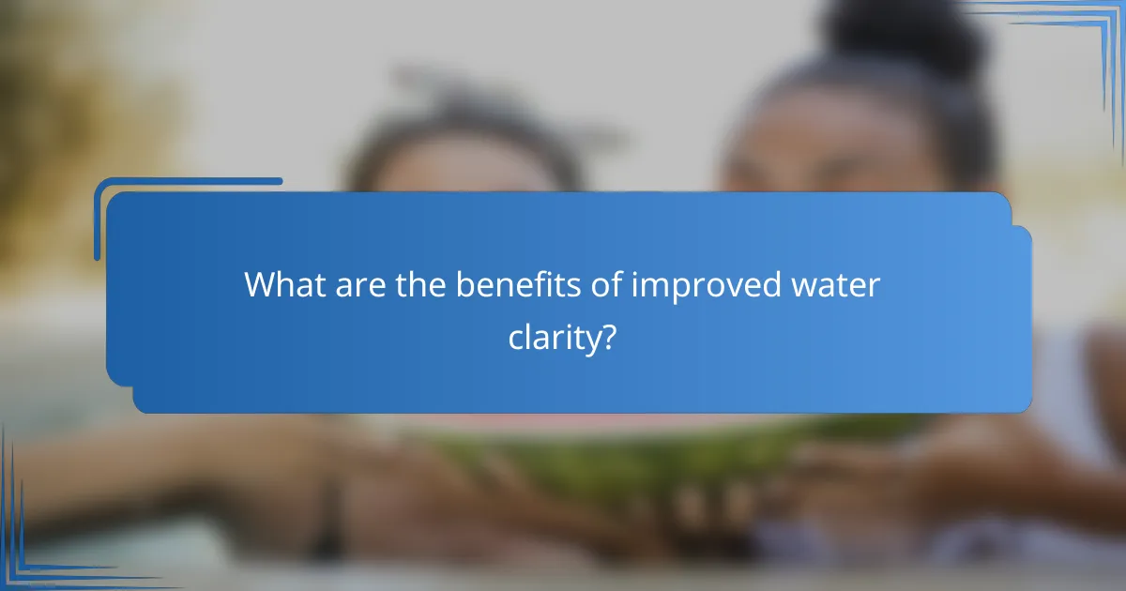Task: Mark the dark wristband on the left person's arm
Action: point(328,525)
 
